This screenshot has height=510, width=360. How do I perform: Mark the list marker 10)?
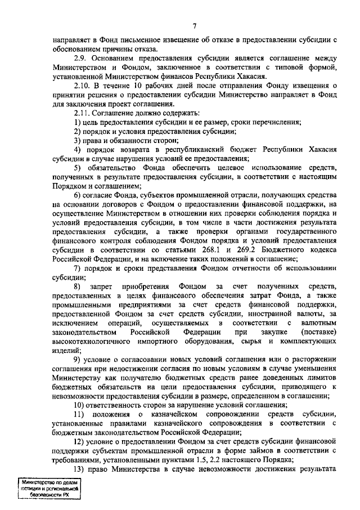[80, 405]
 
